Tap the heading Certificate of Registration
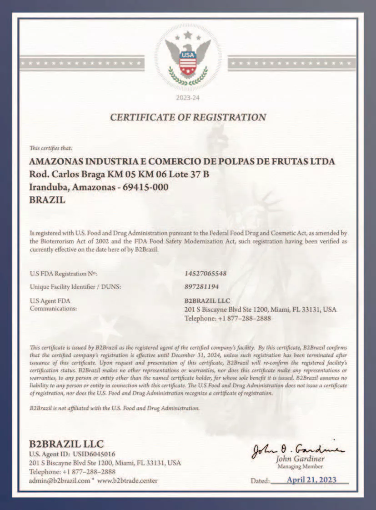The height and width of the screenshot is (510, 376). pos(188,117)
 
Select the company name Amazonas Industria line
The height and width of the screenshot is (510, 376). pos(182,162)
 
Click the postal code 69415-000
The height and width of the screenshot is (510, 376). pos(146,187)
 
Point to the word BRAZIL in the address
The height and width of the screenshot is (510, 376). pos(47,199)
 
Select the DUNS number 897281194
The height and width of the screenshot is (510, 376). pos(201,287)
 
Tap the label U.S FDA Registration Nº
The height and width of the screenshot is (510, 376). pos(64,274)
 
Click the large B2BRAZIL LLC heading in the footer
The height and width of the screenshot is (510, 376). pos(66,444)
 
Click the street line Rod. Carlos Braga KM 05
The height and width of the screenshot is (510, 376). pos(119,175)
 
